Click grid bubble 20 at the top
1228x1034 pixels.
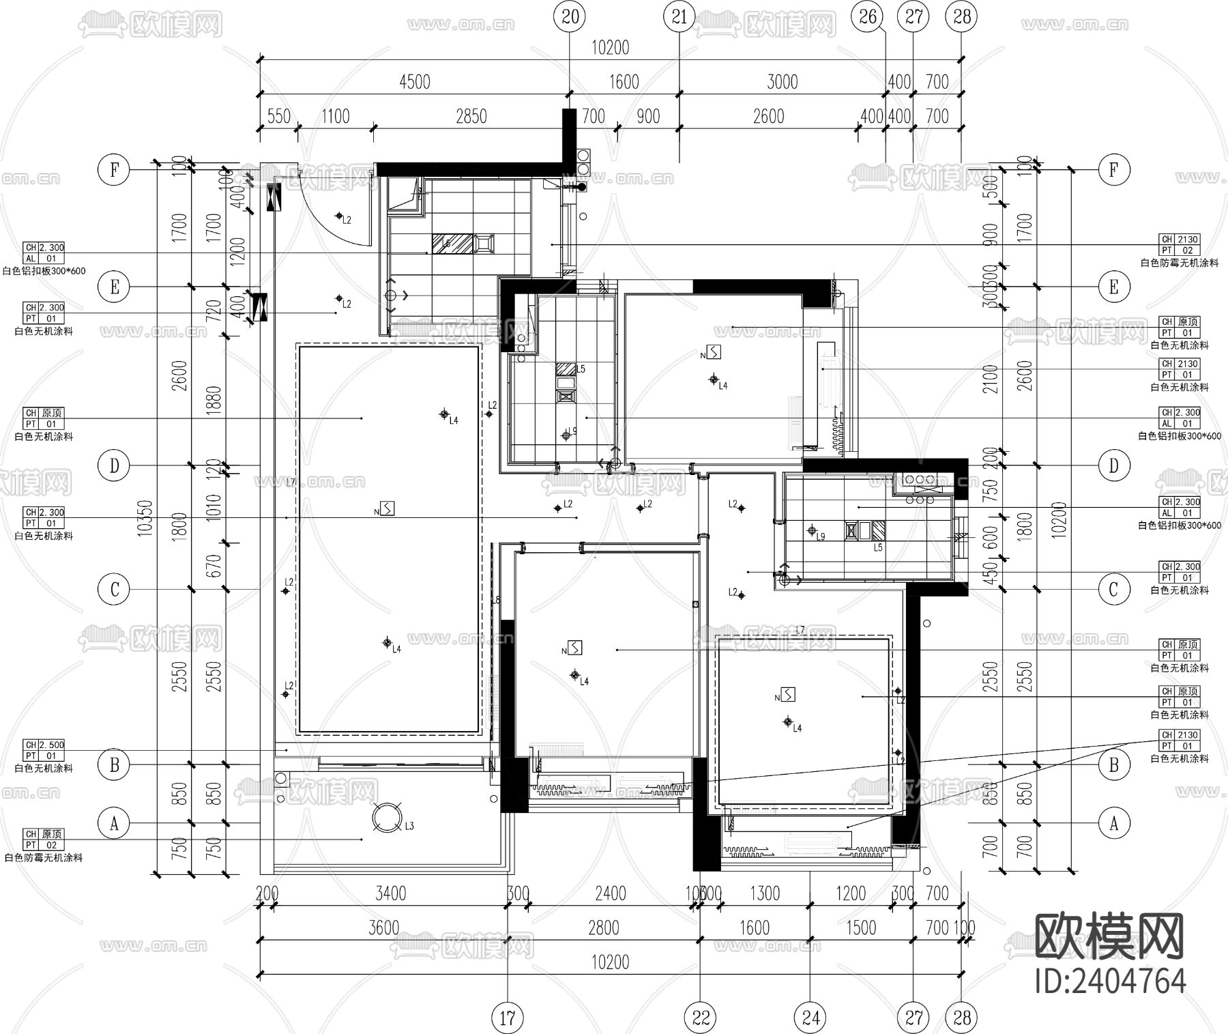pyautogui.click(x=570, y=16)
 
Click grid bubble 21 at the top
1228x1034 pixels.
pyautogui.click(x=679, y=16)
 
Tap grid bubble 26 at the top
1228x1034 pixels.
pyautogui.click(x=867, y=16)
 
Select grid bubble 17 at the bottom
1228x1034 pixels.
pyautogui.click(x=508, y=1018)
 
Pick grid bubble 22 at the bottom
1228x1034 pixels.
pyautogui.click(x=701, y=1018)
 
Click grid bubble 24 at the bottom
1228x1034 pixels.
pyautogui.click(x=810, y=1018)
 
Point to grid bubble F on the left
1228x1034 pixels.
pyautogui.click(x=114, y=170)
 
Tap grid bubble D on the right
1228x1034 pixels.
pyautogui.click(x=1113, y=466)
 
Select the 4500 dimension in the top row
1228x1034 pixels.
pyautogui.click(x=414, y=82)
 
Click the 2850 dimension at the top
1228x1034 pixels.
pyautogui.click(x=471, y=117)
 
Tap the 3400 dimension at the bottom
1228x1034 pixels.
pyautogui.click(x=391, y=893)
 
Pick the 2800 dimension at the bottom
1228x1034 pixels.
pyautogui.click(x=604, y=928)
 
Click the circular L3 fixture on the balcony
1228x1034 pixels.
pyautogui.click(x=387, y=818)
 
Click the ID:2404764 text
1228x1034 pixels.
pyautogui.click(x=1110, y=981)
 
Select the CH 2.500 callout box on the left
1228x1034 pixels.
pyautogui.click(x=44, y=750)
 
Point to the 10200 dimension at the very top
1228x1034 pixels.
pyautogui.click(x=610, y=48)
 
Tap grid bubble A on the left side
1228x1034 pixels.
pyautogui.click(x=114, y=823)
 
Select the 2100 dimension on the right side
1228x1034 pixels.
pyautogui.click(x=991, y=379)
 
